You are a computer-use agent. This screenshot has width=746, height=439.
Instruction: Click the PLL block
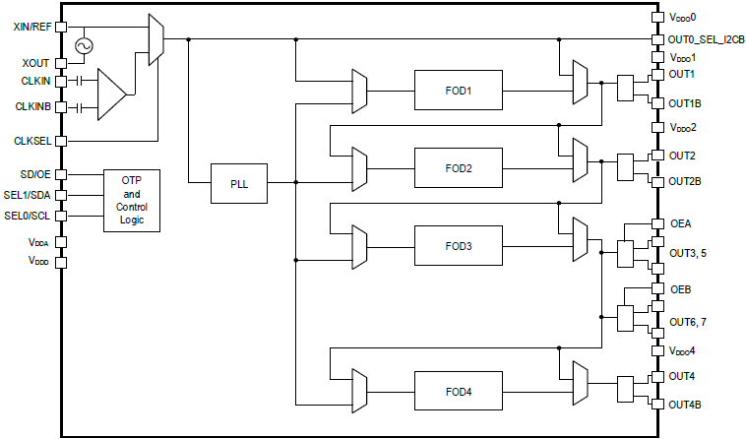(239, 182)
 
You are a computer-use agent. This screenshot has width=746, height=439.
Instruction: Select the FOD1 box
(458, 90)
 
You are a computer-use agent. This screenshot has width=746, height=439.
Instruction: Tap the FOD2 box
(458, 167)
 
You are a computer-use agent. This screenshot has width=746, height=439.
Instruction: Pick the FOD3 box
(458, 245)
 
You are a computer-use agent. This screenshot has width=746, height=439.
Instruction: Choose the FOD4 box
(458, 391)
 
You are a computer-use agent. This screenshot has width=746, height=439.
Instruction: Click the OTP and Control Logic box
(132, 200)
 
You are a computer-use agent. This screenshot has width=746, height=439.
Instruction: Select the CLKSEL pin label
(32, 141)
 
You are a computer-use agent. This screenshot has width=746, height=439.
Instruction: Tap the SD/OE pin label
(34, 174)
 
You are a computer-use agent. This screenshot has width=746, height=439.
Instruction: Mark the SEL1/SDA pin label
(30, 195)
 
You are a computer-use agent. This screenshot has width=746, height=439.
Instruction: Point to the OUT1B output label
(685, 102)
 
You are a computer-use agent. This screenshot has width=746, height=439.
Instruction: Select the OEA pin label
(681, 224)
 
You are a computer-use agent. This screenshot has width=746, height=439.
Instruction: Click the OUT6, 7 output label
(689, 322)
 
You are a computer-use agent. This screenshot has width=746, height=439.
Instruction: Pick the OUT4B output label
(685, 405)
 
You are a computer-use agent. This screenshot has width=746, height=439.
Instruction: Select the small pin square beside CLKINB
(62, 106)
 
